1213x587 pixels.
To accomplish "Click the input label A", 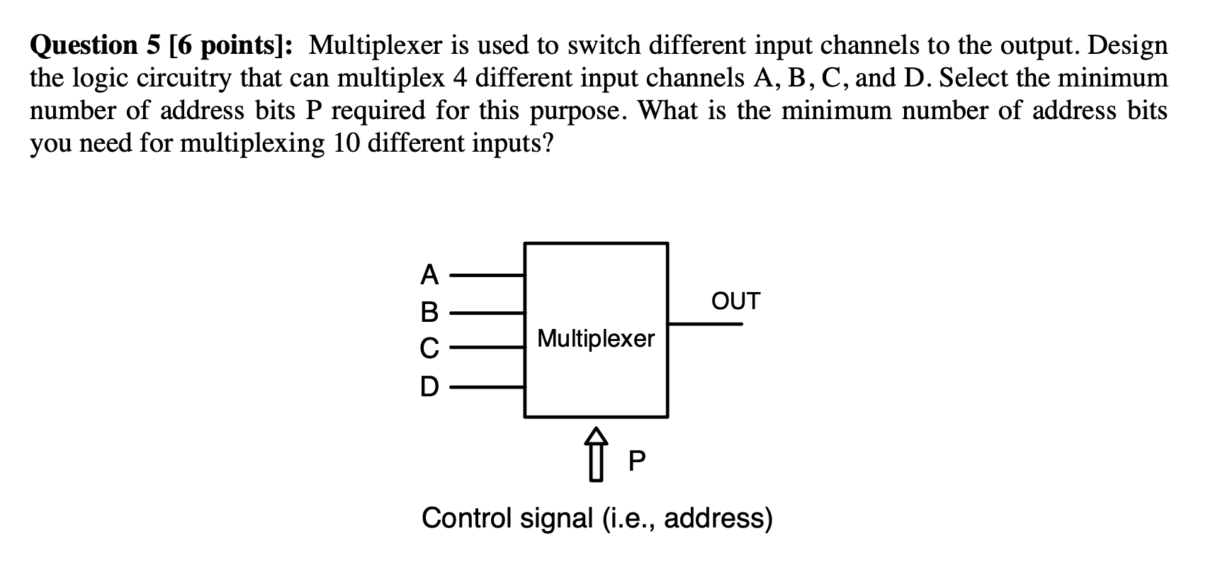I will click(x=429, y=274).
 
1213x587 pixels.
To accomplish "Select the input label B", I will click(x=429, y=311).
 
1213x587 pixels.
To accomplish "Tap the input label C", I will click(x=429, y=348).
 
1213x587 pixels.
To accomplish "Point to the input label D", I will click(x=429, y=386).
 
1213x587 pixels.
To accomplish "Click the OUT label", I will click(x=735, y=301).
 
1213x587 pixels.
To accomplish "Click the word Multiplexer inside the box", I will click(x=596, y=339).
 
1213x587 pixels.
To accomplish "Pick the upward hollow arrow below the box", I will click(x=596, y=454).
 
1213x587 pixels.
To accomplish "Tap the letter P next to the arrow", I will click(x=637, y=462).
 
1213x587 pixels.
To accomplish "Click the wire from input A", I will click(x=487, y=274).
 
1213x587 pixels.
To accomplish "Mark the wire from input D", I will click(x=487, y=387).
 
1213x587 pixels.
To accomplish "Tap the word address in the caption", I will click(x=717, y=518).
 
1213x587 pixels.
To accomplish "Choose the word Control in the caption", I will click(x=467, y=518).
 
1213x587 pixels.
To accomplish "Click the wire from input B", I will click(x=487, y=311).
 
